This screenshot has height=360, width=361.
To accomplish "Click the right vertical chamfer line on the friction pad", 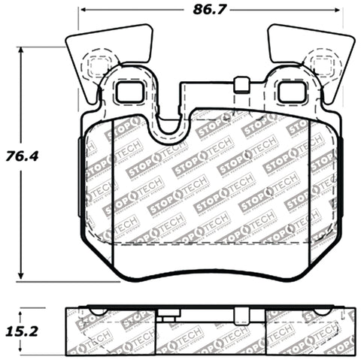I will [x=309, y=195].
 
